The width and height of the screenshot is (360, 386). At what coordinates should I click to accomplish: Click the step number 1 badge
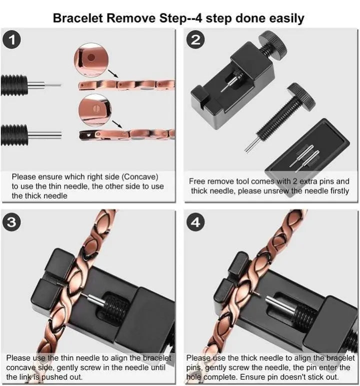(x=11, y=40)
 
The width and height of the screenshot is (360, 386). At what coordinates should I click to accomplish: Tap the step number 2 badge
(x=195, y=40)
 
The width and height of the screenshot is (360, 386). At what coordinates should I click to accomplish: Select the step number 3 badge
(x=11, y=222)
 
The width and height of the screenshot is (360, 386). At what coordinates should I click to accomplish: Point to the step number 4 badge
(x=195, y=222)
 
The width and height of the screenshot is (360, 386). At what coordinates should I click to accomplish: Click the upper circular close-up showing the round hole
(x=91, y=60)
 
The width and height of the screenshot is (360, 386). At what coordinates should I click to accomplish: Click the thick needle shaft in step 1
(x=44, y=135)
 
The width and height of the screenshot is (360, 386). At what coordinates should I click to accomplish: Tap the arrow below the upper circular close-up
(x=113, y=74)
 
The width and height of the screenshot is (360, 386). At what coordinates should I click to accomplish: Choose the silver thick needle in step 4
(x=280, y=305)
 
